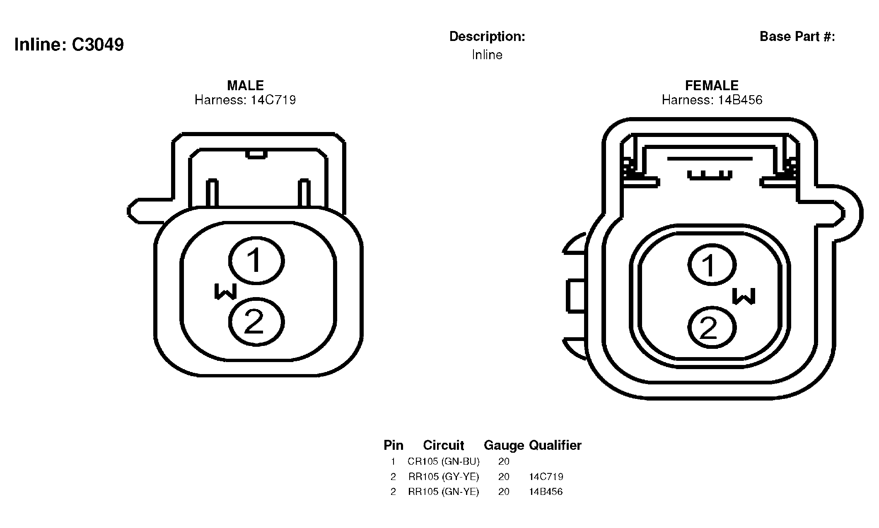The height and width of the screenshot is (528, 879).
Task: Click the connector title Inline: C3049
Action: (69, 45)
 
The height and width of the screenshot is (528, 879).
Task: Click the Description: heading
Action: (487, 37)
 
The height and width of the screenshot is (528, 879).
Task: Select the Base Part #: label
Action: (797, 36)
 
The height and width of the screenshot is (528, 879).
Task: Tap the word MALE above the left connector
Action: (245, 85)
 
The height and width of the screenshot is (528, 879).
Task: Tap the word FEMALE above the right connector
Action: (712, 85)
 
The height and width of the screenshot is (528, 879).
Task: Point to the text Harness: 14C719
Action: (245, 100)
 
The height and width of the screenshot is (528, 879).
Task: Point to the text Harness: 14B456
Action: (712, 100)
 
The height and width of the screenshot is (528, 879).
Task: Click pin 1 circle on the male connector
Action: (256, 261)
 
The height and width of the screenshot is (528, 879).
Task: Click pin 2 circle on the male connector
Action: (256, 322)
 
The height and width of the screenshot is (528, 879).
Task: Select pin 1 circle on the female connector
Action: (712, 265)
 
